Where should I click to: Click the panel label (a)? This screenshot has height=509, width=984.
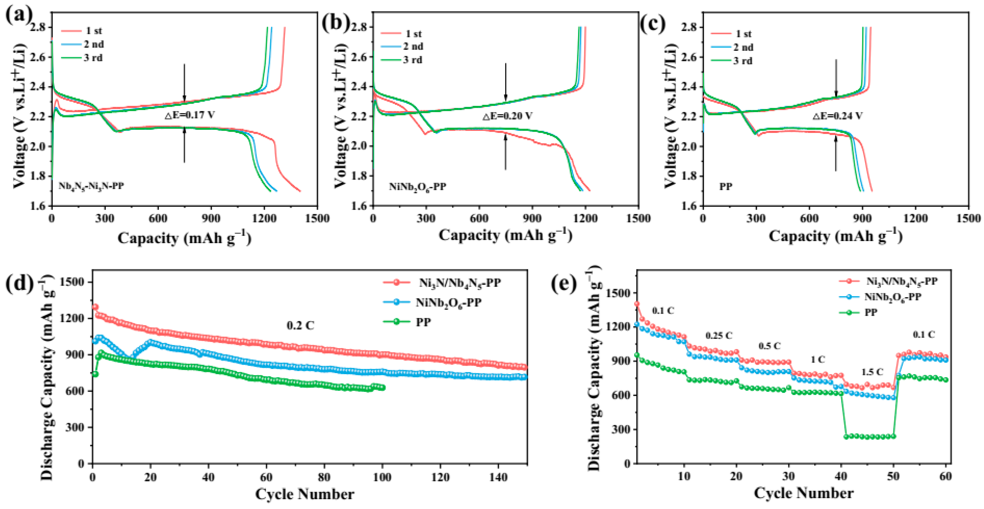pyautogui.click(x=18, y=16)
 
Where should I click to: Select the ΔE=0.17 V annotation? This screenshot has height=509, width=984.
pyautogui.click(x=190, y=115)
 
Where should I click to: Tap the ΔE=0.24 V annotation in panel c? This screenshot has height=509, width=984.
pyautogui.click(x=837, y=116)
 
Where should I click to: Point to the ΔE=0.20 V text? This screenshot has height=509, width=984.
pyautogui.click(x=507, y=116)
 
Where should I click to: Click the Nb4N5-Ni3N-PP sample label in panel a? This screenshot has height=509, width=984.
pyautogui.click(x=91, y=186)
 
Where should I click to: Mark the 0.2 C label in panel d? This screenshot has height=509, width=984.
pyautogui.click(x=300, y=325)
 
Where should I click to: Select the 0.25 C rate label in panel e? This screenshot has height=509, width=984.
pyautogui.click(x=719, y=335)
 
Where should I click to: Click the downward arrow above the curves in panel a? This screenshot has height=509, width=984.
pyautogui.click(x=185, y=82)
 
